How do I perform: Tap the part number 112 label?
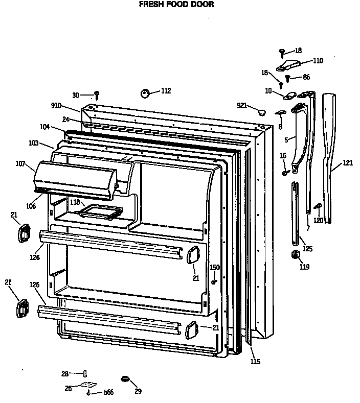tap(166, 91)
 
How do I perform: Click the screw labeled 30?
tap(96, 95)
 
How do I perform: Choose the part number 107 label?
tap(20, 164)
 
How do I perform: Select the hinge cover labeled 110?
tap(289, 65)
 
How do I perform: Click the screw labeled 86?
tap(288, 78)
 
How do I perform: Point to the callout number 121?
tap(348, 163)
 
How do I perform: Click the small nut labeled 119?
tap(295, 254)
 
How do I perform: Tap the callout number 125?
tap(307, 249)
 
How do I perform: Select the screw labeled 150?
tap(214, 280)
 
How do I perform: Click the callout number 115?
tap(255, 362)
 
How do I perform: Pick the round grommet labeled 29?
tap(124, 378)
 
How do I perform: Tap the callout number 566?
tap(108, 392)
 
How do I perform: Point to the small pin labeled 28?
tap(85, 374)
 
